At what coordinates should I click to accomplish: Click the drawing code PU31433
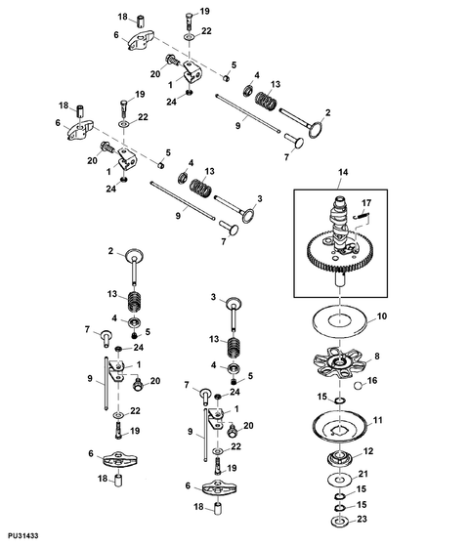click(23, 535)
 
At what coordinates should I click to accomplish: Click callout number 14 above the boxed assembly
click(343, 172)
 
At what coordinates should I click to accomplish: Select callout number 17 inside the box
click(366, 203)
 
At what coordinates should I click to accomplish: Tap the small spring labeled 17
click(361, 216)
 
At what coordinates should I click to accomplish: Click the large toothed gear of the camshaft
click(340, 252)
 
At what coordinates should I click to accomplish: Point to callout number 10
click(382, 316)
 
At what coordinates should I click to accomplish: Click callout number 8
click(377, 357)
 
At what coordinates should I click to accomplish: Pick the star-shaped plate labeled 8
click(340, 365)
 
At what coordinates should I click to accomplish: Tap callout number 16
click(372, 380)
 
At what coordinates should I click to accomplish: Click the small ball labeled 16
click(358, 386)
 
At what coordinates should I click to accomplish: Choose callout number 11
click(377, 420)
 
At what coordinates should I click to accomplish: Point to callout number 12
click(368, 451)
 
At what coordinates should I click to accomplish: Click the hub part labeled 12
click(339, 458)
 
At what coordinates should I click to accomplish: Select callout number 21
click(363, 474)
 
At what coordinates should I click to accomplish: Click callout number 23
click(362, 519)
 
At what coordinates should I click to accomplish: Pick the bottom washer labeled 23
click(339, 522)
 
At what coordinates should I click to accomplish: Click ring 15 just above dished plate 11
click(340, 400)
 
